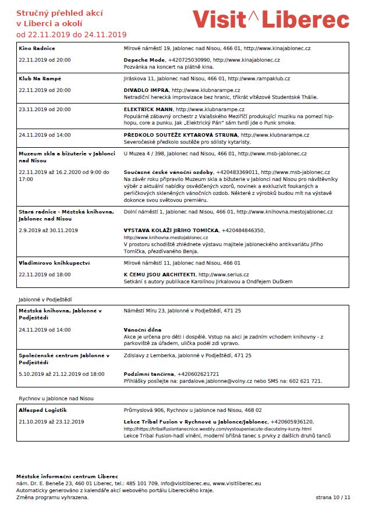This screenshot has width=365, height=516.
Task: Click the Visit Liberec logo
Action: (x=271, y=20)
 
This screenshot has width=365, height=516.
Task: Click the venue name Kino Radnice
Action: (x=37, y=48)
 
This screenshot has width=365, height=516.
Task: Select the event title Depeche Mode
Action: (x=144, y=60)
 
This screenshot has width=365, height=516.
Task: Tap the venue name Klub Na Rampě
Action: (x=40, y=79)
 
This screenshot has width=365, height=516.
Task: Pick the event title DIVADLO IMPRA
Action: (x=146, y=90)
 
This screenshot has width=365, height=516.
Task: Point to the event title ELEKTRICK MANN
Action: (x=148, y=109)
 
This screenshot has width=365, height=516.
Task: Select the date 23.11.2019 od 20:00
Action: (x=45, y=109)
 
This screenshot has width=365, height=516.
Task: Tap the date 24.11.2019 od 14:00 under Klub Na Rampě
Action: (x=45, y=135)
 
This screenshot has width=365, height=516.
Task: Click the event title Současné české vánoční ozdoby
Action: (x=168, y=173)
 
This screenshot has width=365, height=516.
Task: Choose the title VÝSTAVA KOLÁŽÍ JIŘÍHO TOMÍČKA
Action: (x=171, y=230)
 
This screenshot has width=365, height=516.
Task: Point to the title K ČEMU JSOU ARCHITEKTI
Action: (x=160, y=275)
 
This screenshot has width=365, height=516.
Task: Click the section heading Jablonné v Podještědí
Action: (x=45, y=300)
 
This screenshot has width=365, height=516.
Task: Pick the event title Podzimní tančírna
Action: (x=149, y=374)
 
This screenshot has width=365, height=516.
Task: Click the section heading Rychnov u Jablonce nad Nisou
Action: (x=56, y=398)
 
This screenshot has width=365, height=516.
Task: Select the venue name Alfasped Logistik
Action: (x=43, y=410)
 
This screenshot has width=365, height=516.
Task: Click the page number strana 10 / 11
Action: (x=334, y=498)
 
